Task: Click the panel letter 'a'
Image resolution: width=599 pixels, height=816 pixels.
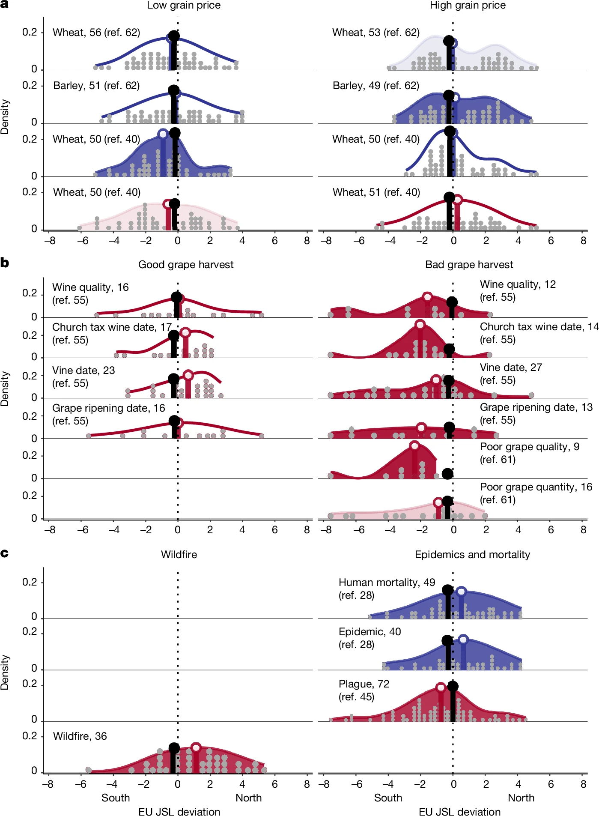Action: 4,5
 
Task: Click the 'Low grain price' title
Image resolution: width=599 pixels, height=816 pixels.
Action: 184,6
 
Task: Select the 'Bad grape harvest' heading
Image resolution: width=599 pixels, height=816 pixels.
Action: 469,265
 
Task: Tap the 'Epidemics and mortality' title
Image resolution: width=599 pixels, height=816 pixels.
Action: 472,555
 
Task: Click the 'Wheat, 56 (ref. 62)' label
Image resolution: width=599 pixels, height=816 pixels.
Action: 96,33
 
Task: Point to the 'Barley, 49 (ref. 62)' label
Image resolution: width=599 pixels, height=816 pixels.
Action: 376,86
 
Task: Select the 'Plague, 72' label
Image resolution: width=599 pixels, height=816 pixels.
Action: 364,684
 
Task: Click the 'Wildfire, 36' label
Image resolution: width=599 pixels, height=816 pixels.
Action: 80,736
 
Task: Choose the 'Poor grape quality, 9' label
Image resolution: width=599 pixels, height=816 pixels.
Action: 530,447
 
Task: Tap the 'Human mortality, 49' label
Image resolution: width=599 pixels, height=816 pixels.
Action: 387,583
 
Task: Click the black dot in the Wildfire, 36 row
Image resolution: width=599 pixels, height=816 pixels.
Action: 174,748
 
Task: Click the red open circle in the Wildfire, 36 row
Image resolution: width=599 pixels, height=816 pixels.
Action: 196,748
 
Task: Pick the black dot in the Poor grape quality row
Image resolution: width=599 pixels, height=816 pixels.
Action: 447,473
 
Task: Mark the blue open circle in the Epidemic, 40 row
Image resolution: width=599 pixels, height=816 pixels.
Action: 463,640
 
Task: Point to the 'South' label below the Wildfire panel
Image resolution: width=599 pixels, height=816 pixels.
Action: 116,798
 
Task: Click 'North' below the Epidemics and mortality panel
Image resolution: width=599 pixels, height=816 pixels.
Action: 521,798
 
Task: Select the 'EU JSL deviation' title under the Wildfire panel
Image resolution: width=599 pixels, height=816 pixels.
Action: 179,812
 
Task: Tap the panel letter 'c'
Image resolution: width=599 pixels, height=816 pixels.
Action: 4,553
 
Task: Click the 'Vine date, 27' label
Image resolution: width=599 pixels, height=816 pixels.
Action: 511,368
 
